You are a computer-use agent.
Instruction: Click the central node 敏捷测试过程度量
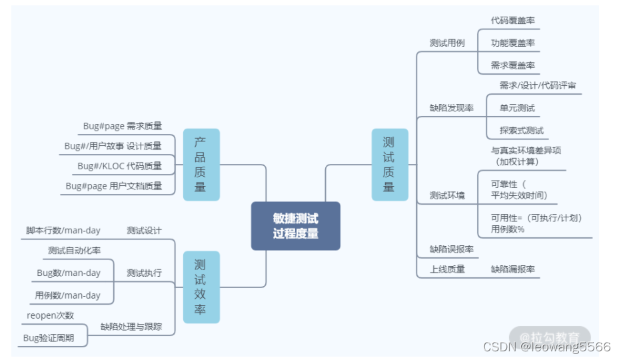tap(295, 226)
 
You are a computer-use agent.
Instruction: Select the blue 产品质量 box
tap(201, 165)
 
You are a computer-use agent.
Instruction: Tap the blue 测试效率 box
tap(201, 287)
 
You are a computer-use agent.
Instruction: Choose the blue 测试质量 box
tap(388, 164)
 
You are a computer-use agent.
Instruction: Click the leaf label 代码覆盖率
tap(512, 20)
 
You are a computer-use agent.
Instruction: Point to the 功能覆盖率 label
tap(512, 43)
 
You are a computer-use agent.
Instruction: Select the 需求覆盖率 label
tap(512, 65)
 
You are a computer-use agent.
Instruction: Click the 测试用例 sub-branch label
tap(446, 43)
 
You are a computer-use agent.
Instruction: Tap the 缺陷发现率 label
tap(451, 107)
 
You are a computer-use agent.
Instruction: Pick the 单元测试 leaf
tap(517, 107)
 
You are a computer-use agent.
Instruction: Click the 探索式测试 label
tap(522, 130)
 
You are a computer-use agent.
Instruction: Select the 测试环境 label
tap(446, 195)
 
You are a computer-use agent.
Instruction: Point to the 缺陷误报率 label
tap(451, 249)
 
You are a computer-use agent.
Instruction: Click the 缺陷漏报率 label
tap(512, 269)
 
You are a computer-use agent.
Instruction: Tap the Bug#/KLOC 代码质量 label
tap(119, 166)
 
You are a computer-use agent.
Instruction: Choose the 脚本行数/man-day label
tap(63, 231)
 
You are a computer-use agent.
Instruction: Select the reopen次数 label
tap(50, 315)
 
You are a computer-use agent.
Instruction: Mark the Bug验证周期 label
tap(48, 338)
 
